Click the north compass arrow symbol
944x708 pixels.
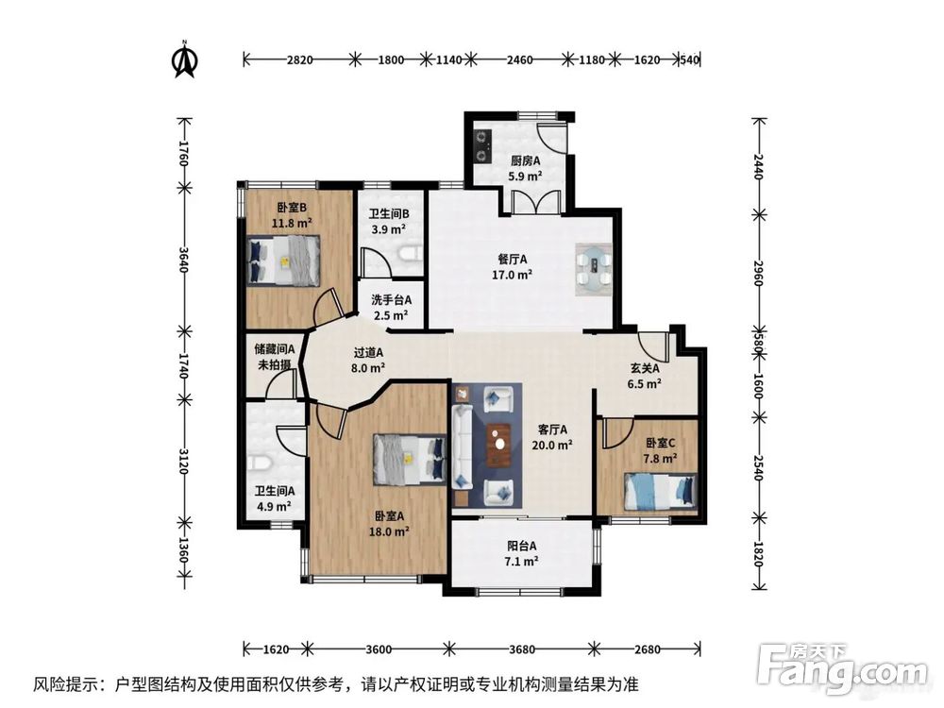click(185, 59)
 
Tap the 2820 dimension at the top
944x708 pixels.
click(299, 59)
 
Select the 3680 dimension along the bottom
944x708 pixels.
click(521, 649)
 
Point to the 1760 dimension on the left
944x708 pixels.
click(184, 154)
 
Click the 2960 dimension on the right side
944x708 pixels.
click(759, 274)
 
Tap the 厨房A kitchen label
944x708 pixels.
click(526, 160)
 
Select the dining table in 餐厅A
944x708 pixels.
click(594, 269)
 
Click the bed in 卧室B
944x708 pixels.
click(284, 261)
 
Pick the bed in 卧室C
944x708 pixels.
click(661, 491)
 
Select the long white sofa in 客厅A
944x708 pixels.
click(463, 445)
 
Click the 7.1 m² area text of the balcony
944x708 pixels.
click(521, 562)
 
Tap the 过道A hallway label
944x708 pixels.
click(368, 353)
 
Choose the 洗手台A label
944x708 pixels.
click(392, 300)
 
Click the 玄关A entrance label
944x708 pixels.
click(645, 368)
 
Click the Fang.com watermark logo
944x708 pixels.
click(842, 670)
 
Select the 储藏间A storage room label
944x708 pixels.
click(275, 349)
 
